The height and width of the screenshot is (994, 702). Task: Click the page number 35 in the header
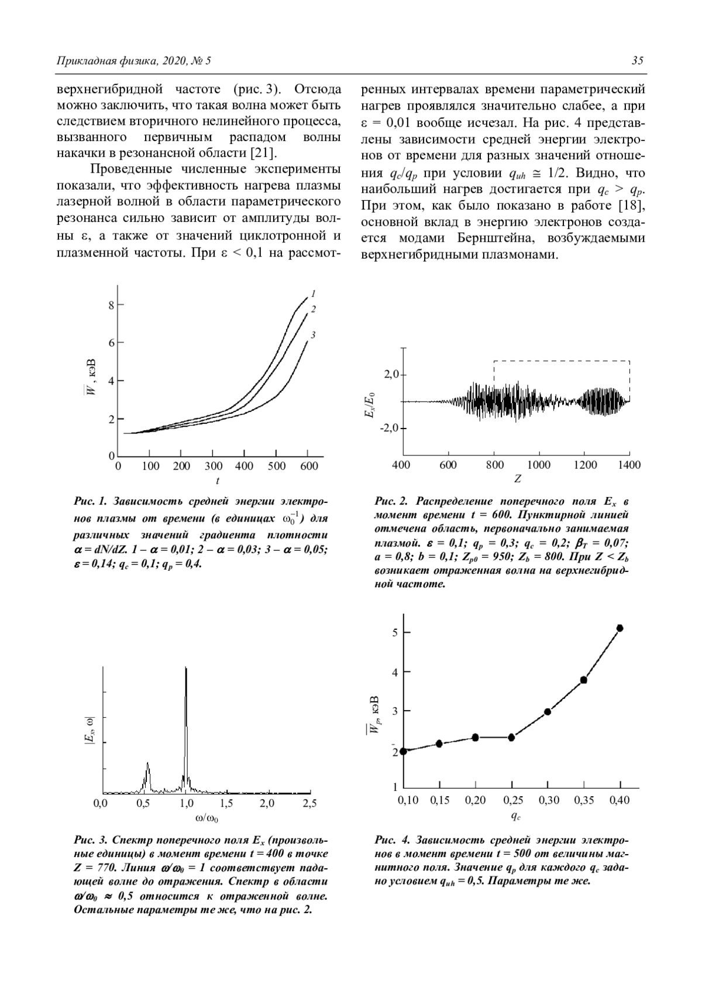pyautogui.click(x=638, y=61)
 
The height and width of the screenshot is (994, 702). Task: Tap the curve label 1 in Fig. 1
pyautogui.click(x=314, y=293)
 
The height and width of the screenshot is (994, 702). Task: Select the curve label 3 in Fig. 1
pyautogui.click(x=314, y=335)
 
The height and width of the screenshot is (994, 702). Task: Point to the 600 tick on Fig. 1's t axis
pyautogui.click(x=309, y=467)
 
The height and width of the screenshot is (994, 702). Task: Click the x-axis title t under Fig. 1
pyautogui.click(x=218, y=481)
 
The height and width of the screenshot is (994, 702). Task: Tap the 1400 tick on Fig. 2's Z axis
pyautogui.click(x=629, y=465)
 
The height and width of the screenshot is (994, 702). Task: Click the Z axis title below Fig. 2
pyautogui.click(x=518, y=479)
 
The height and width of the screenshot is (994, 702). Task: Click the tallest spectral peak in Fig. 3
pyautogui.click(x=186, y=669)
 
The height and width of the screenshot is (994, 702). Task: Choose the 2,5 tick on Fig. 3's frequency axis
pyautogui.click(x=309, y=803)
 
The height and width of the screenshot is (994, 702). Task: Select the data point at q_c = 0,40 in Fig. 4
pyautogui.click(x=620, y=628)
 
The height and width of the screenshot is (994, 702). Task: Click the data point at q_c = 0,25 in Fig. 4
pyautogui.click(x=511, y=737)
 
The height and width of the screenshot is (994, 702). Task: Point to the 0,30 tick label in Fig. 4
pyautogui.click(x=548, y=800)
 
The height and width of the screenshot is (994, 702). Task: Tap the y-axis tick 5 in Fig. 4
pyautogui.click(x=395, y=632)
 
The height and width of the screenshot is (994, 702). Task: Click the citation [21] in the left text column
pyautogui.click(x=260, y=153)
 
